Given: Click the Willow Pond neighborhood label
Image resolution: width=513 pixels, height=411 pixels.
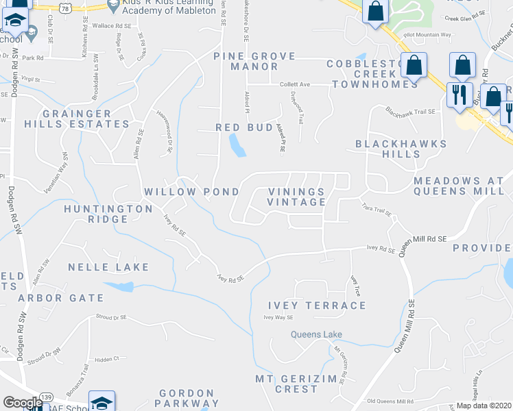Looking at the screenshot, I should (x=191, y=192).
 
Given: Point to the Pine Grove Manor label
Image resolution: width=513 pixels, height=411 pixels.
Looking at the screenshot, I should (x=254, y=61).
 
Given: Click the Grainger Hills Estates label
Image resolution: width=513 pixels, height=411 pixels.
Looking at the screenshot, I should (x=86, y=119).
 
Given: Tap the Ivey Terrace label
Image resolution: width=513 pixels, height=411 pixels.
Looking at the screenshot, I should (x=316, y=306).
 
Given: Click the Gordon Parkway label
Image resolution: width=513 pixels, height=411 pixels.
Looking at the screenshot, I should (x=189, y=399).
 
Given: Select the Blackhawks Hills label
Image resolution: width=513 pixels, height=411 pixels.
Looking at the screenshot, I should (x=401, y=149).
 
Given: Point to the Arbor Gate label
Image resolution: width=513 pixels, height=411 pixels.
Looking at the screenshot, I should (x=61, y=298).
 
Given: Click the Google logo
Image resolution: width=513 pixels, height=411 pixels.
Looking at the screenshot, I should (x=23, y=403).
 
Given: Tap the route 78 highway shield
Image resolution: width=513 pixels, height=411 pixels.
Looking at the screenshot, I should (x=66, y=6).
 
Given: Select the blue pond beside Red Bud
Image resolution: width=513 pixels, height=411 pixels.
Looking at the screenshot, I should (x=237, y=145).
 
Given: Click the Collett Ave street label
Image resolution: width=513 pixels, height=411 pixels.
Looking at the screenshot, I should (x=295, y=84).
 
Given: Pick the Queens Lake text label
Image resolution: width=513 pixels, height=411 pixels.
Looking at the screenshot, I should (x=315, y=335).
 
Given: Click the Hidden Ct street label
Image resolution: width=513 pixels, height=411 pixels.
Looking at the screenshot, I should (x=108, y=358).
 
